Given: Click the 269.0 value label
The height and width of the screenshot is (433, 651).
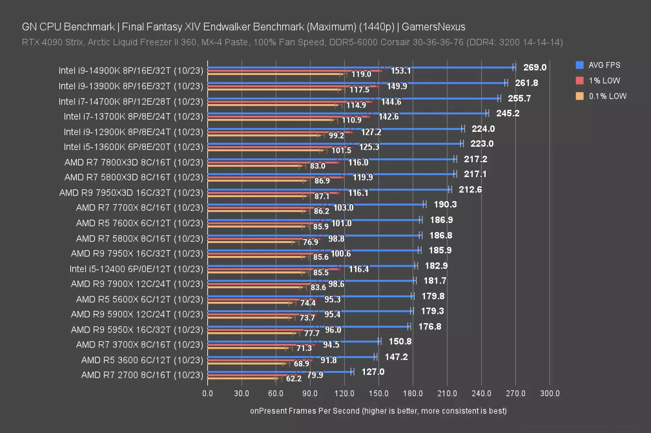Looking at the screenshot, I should (x=535, y=67).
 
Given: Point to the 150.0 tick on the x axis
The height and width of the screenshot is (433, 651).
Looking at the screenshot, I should (x=378, y=393).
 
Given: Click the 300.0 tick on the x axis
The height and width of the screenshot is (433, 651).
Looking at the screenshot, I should (x=550, y=393).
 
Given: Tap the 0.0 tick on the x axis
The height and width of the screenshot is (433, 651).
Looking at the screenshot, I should (x=208, y=393).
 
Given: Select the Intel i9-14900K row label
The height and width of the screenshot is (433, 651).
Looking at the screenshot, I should (x=131, y=71).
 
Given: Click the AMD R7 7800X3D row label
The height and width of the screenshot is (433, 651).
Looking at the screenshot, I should (x=134, y=162).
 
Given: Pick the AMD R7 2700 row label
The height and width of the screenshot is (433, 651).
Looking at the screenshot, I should (x=142, y=375).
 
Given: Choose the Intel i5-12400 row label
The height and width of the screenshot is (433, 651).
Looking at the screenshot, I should (x=136, y=269).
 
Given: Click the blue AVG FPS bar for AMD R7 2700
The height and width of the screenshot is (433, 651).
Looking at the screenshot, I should (x=279, y=372).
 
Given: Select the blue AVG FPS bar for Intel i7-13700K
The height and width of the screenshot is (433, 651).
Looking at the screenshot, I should (x=346, y=114).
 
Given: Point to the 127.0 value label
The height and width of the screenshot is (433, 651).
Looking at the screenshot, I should (x=373, y=372).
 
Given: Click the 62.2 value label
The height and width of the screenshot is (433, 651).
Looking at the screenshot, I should (x=293, y=379).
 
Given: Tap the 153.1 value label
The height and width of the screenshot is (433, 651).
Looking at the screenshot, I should (x=401, y=71).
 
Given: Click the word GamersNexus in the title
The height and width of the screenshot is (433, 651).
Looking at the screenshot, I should (x=433, y=27).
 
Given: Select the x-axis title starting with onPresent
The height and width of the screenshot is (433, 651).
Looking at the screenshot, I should (x=378, y=411).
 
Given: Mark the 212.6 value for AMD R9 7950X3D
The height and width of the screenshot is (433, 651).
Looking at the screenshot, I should (x=470, y=190).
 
